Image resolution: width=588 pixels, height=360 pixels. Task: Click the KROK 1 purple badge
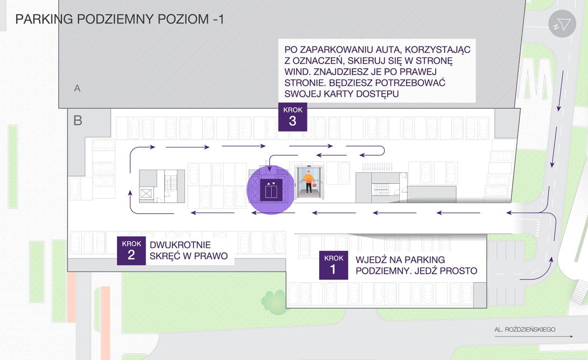click(x=334, y=265)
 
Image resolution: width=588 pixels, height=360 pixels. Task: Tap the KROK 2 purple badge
click(x=131, y=250)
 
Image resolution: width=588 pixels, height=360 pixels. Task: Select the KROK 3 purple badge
click(x=293, y=117)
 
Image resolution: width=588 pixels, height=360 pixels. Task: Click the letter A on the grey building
click(x=77, y=88)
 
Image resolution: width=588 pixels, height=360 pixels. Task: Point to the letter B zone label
click(x=78, y=120)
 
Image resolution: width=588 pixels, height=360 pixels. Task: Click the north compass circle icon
click(x=562, y=24)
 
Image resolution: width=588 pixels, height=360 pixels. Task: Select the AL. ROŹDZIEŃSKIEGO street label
click(x=525, y=329)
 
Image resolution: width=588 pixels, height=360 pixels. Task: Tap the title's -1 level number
click(x=217, y=19)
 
